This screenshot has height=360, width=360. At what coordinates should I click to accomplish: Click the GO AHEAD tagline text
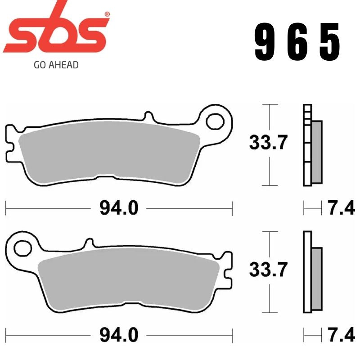[56, 65]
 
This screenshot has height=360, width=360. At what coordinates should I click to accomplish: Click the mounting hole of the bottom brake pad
[21, 247]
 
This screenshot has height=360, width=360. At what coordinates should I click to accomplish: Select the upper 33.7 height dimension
[268, 144]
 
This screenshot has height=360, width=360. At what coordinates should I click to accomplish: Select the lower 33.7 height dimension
[268, 270]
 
